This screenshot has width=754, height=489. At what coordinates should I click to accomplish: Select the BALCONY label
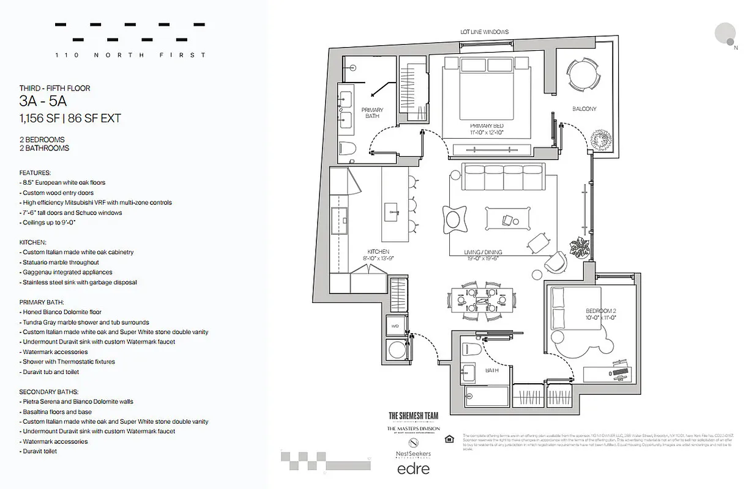[x=584, y=109]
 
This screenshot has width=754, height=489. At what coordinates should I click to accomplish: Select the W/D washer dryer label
[x=395, y=326]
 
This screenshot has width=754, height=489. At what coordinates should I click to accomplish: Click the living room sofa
[x=502, y=178]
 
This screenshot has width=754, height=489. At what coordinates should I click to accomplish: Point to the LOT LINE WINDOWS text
[x=485, y=32]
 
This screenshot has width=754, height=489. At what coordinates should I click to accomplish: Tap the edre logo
[x=414, y=469]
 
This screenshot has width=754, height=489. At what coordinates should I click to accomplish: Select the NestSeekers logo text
[x=414, y=454]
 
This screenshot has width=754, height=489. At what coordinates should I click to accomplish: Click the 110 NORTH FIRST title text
[x=130, y=55]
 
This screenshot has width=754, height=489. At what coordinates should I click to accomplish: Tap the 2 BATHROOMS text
[x=44, y=148]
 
